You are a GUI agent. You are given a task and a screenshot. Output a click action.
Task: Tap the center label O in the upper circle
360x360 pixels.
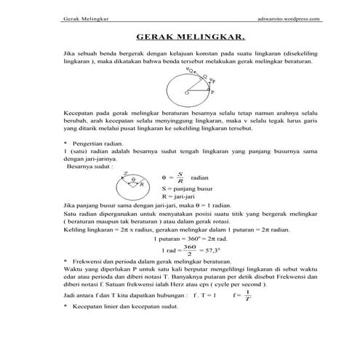coord(186,94)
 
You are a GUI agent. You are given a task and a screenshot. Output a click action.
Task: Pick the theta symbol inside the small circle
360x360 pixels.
coord(133,180)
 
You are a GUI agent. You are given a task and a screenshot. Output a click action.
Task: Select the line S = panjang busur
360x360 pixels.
coord(186,189)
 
